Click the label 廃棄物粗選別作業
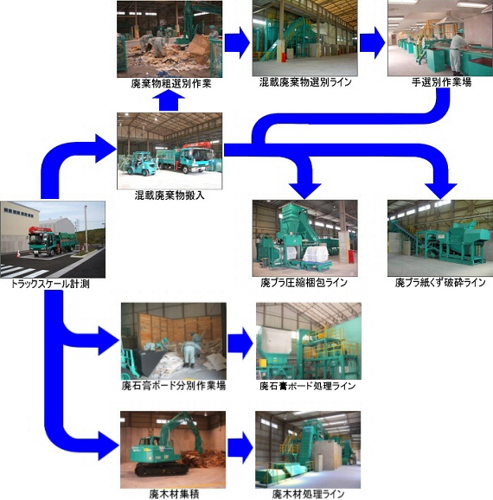click(171, 84)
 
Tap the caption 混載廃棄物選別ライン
click(305, 82)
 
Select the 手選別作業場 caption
click(441, 82)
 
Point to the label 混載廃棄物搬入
click(170, 195)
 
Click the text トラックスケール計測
click(50, 284)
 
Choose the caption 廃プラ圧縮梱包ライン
click(304, 283)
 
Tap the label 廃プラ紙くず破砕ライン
click(440, 283)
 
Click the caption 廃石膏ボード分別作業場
click(174, 386)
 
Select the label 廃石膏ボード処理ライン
click(307, 386)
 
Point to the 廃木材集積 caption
click(174, 494)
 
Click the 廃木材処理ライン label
click(308, 494)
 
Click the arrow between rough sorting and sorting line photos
click(237, 42)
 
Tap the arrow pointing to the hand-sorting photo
click(373, 42)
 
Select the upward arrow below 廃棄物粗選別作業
click(169, 100)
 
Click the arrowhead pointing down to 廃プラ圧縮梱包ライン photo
click(304, 191)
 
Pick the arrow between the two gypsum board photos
click(240, 343)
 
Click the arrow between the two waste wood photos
click(240, 447)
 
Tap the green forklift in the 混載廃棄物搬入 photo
click(139, 163)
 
